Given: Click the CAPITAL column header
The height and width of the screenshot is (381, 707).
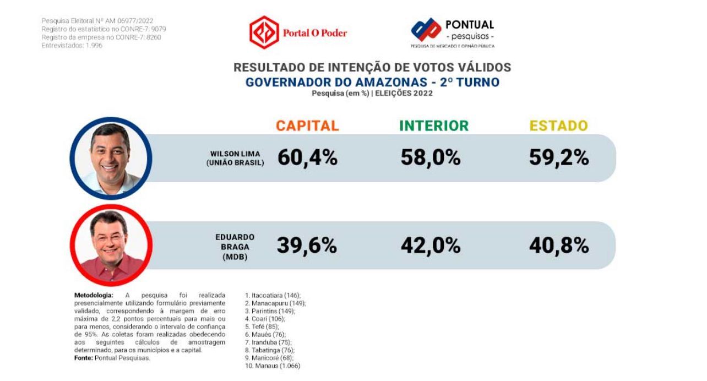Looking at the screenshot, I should tap(307, 126).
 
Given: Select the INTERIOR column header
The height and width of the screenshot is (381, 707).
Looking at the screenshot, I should tap(434, 126).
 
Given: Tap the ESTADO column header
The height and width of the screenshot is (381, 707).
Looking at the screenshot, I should tap(558, 126).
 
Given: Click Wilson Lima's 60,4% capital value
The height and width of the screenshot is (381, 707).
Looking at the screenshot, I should tap(307, 157).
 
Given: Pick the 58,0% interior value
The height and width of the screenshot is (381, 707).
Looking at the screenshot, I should tap(431, 157).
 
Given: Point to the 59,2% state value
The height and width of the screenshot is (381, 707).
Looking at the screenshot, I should tap(559, 157).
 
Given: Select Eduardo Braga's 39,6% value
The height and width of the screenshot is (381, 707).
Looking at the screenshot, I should tap(307, 246).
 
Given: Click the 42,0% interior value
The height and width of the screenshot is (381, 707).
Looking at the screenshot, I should tap(431, 246).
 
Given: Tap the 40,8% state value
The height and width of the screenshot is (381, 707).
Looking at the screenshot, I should tap(559, 246).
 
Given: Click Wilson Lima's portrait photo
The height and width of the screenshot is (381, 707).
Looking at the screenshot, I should tap(111, 159).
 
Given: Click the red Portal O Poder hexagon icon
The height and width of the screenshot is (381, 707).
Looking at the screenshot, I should tap(264, 32).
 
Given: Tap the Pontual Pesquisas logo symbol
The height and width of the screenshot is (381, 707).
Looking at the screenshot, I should tap(426, 30).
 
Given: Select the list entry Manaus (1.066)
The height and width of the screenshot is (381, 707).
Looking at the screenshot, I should tap(273, 366).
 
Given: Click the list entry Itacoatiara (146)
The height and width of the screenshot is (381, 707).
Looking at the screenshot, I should tap(273, 296).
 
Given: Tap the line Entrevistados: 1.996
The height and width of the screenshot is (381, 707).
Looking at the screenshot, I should tap(72, 45).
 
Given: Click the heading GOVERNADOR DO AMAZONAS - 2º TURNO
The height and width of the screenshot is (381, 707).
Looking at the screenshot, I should tap(372, 83).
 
